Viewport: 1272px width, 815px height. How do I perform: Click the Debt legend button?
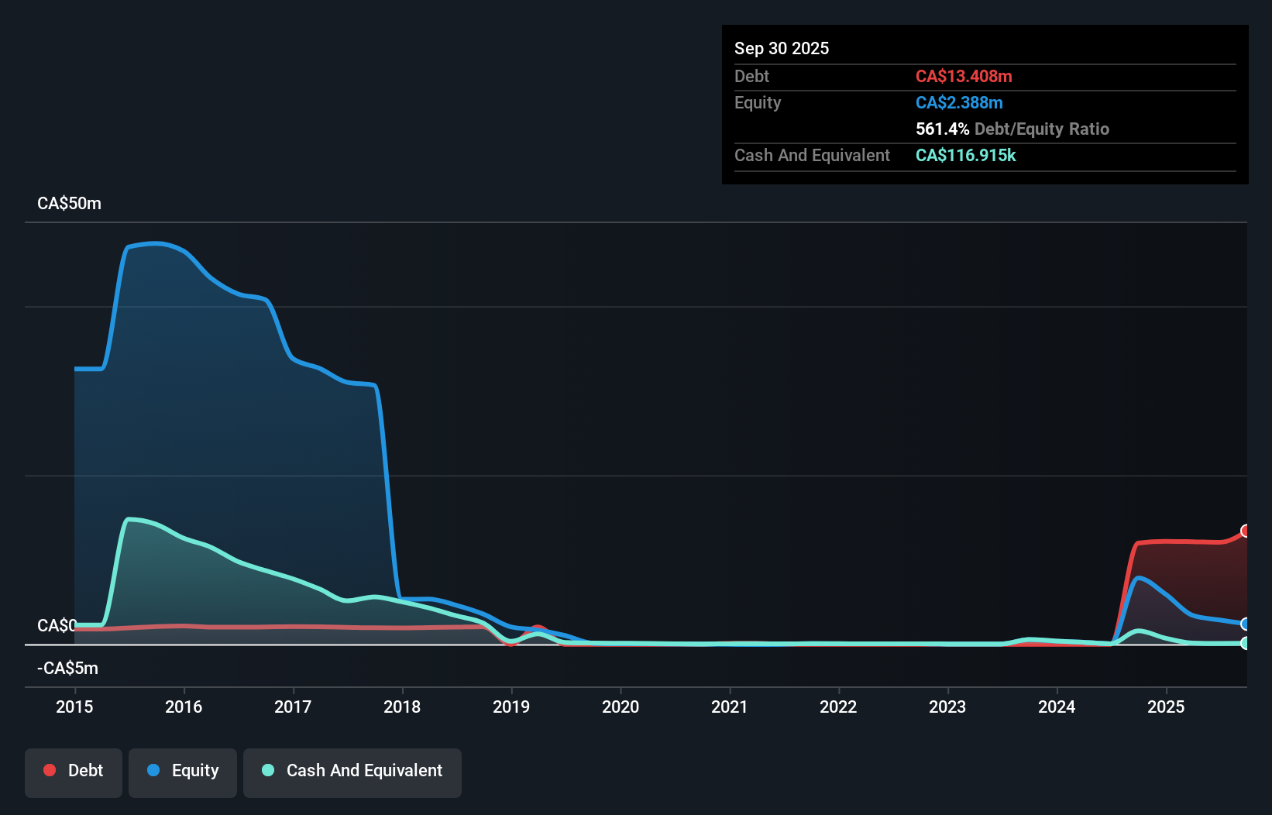pyautogui.click(x=74, y=771)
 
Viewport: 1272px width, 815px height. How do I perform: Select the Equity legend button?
pyautogui.click(x=183, y=771)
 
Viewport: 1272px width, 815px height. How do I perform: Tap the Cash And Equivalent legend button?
pyautogui.click(x=352, y=771)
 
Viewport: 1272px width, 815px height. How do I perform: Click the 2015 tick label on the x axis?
pyautogui.click(x=74, y=707)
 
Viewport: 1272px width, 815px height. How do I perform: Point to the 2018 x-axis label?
pyautogui.click(x=402, y=707)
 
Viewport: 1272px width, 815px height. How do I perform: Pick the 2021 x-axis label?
pyautogui.click(x=730, y=707)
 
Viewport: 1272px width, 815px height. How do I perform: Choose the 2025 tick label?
pyautogui.click(x=1166, y=707)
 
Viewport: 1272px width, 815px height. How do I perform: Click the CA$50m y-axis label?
pyautogui.click(x=69, y=204)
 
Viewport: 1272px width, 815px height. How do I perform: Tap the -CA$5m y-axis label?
pyautogui.click(x=67, y=668)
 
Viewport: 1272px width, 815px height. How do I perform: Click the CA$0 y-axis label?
pyautogui.click(x=57, y=625)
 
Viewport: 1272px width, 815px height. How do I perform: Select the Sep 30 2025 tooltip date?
pyautogui.click(x=781, y=48)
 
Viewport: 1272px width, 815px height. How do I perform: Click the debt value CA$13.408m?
pyautogui.click(x=963, y=76)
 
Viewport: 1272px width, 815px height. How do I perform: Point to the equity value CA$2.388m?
pyautogui.click(x=958, y=102)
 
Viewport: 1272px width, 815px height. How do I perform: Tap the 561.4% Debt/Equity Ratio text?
pyautogui.click(x=1012, y=129)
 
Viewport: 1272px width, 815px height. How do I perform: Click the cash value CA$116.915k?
pyautogui.click(x=965, y=155)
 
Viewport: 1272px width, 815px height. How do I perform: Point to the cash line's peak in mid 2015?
pyautogui.click(x=129, y=519)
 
